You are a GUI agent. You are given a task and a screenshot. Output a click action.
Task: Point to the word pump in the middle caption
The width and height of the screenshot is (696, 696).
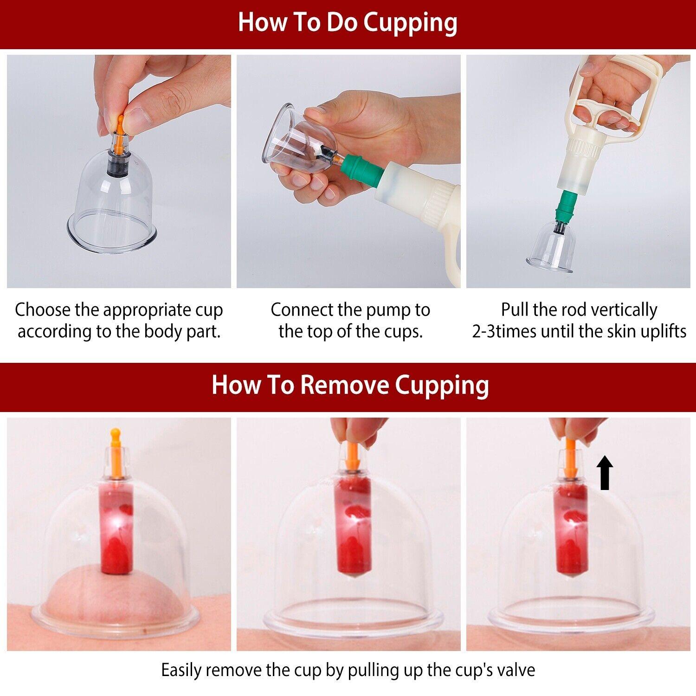pos(382,310)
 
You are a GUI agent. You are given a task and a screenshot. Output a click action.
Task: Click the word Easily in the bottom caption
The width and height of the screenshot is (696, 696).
pos(182,670)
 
